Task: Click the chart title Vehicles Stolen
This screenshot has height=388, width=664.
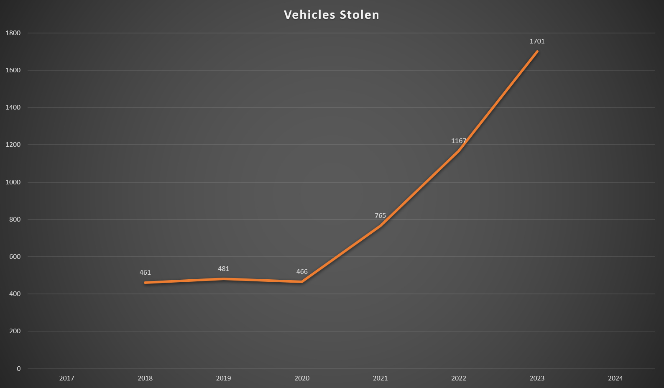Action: click(x=332, y=15)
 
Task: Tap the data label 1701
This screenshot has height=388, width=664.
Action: click(x=537, y=41)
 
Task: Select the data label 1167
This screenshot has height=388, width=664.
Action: click(x=458, y=141)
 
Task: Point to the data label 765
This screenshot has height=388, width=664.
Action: click(x=380, y=216)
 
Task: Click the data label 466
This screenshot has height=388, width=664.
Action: click(x=302, y=272)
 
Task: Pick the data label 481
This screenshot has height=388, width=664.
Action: click(x=223, y=269)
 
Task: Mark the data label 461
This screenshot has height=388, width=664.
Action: click(x=145, y=273)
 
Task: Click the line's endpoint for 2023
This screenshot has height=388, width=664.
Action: click(x=537, y=51)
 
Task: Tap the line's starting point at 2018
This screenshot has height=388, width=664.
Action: click(x=145, y=283)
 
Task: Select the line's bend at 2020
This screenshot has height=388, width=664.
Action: click(x=302, y=282)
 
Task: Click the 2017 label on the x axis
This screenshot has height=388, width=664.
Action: click(x=66, y=378)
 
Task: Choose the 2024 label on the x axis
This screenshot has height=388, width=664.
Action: click(x=615, y=378)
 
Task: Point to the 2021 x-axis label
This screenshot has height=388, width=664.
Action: click(x=380, y=378)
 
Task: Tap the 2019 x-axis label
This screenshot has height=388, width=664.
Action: click(x=223, y=378)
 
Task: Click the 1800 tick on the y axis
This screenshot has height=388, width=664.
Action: click(x=13, y=33)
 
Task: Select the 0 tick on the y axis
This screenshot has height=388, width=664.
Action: click(x=18, y=368)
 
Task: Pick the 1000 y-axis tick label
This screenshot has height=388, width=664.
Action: click(x=13, y=182)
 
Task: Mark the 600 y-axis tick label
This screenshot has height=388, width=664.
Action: click(x=15, y=257)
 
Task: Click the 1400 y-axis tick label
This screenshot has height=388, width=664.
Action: click(x=13, y=107)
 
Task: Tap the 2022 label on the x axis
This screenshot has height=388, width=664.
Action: click(x=458, y=378)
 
